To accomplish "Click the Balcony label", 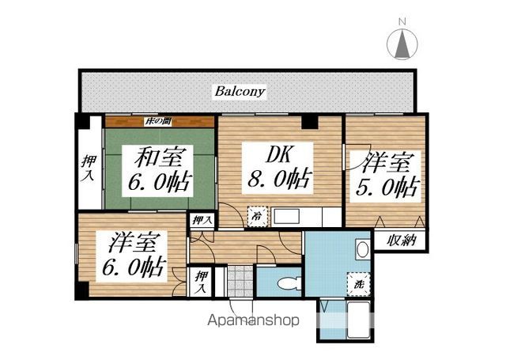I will (240, 92).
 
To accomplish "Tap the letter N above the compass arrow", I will (402, 21).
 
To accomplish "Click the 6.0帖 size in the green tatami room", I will (158, 184).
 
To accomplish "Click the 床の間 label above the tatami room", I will (159, 121).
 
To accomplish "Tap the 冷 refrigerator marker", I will (257, 215).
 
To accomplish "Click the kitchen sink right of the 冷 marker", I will (285, 216).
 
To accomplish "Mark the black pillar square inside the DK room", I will (310, 122).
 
